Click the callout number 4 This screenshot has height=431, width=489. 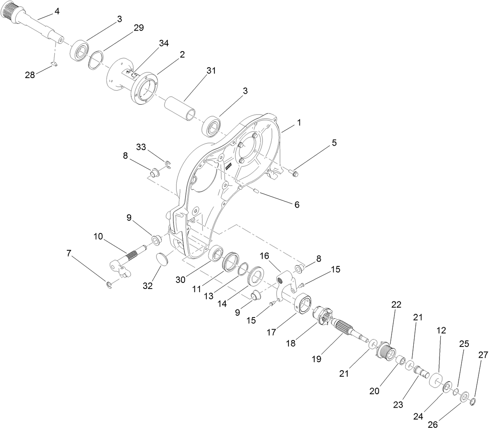pyautogui.click(x=57, y=11)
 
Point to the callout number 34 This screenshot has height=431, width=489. pyautogui.click(x=164, y=43)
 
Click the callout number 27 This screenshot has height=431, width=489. pyautogui.click(x=483, y=355)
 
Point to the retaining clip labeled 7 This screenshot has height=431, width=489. pyautogui.click(x=109, y=285)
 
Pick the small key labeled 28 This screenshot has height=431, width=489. pyautogui.click(x=55, y=63)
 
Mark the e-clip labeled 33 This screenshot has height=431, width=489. pyautogui.click(x=167, y=163)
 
